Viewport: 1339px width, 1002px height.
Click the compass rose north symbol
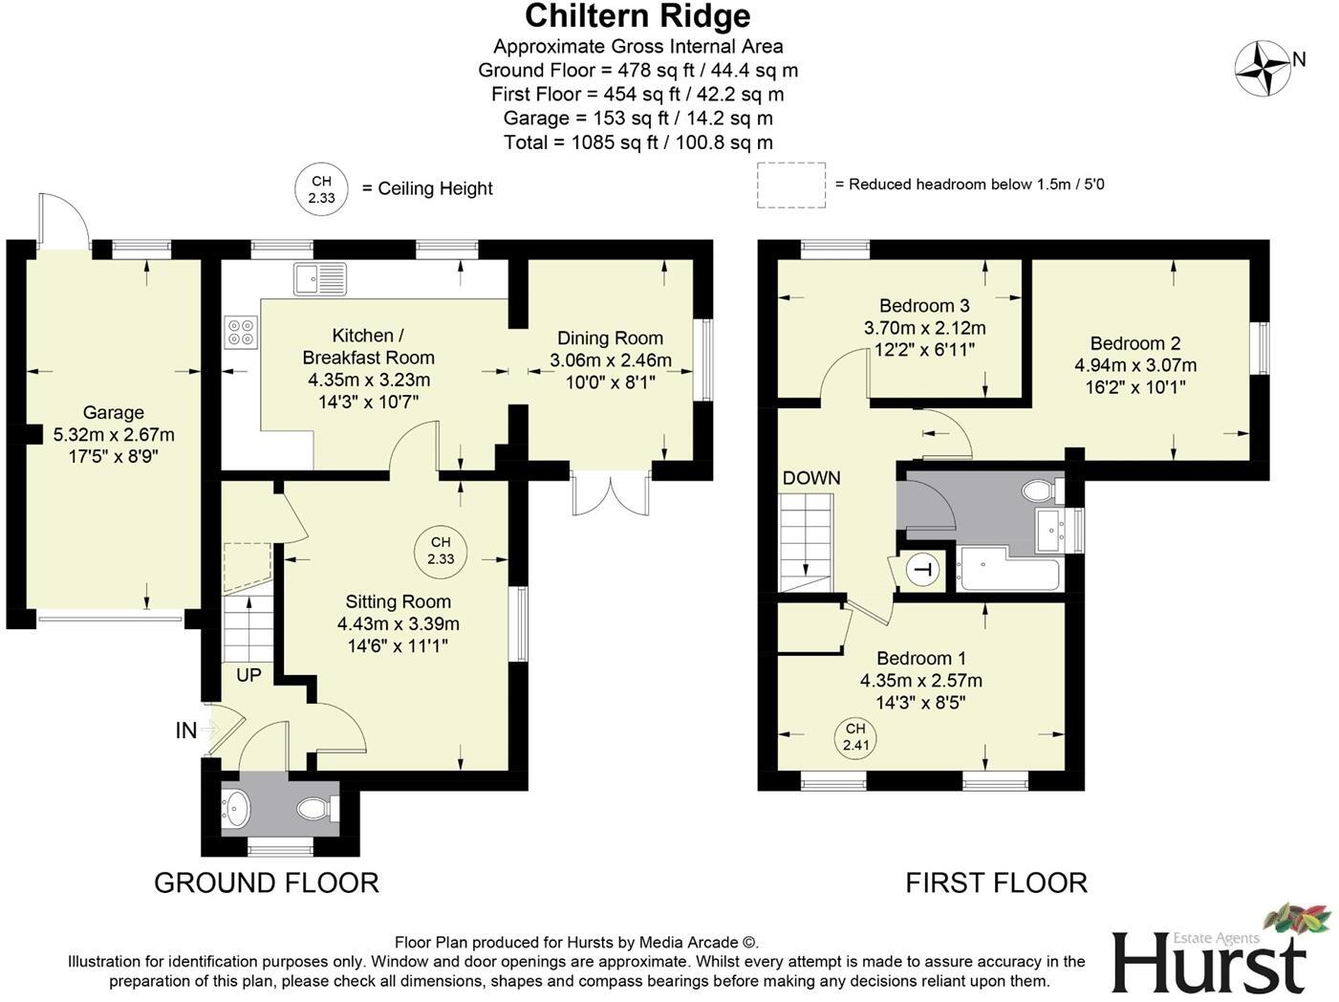pyautogui.click(x=1263, y=68)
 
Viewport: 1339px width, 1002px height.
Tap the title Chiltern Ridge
pyautogui.click(x=637, y=16)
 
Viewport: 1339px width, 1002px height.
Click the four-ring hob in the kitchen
pyautogui.click(x=241, y=331)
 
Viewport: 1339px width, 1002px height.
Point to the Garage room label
pyautogui.click(x=113, y=412)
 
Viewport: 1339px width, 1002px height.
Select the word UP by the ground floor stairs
pyautogui.click(x=248, y=675)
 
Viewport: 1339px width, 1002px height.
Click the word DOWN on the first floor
pyautogui.click(x=811, y=478)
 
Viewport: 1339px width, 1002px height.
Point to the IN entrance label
pyautogui.click(x=186, y=730)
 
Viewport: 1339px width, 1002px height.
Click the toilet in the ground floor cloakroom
pyautogui.click(x=316, y=809)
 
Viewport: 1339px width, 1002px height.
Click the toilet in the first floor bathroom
pyautogui.click(x=1040, y=491)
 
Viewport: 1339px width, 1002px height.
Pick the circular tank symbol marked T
pyautogui.click(x=922, y=571)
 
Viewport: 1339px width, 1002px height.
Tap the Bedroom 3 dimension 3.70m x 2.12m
pyautogui.click(x=924, y=327)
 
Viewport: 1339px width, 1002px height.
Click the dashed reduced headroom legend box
pyautogui.click(x=791, y=185)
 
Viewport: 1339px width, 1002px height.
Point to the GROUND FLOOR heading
pyautogui.click(x=267, y=882)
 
